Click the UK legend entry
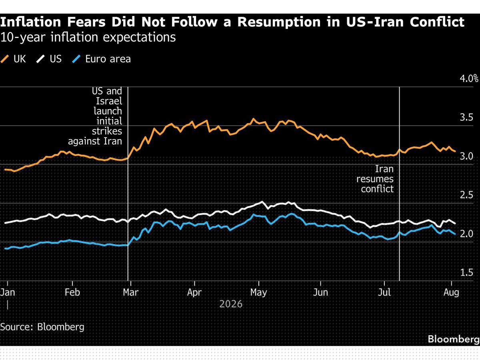coord(13,59)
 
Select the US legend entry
coord(49,59)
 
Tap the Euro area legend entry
coord(101,59)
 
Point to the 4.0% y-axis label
coord(469,78)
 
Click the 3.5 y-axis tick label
coord(466,117)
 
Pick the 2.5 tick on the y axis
coord(466,195)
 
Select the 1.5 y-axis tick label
coord(466,272)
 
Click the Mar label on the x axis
coord(131,292)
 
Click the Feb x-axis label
coord(72,292)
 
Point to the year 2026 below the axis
coord(231,304)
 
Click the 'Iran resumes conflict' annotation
coord(375,179)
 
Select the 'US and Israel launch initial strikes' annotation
coord(95,116)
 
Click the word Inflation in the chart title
coord(31,22)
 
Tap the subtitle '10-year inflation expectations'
coord(88,37)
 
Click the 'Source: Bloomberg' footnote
coord(42,327)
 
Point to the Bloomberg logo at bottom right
coord(454,339)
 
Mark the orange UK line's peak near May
coord(254,119)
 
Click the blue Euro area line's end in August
coord(455,234)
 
